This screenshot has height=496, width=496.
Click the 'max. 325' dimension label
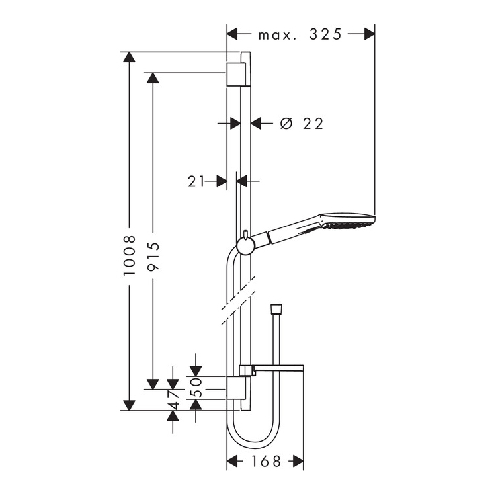[x=300, y=34]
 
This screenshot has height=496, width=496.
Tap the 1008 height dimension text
[x=130, y=255]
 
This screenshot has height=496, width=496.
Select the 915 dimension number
[x=153, y=256]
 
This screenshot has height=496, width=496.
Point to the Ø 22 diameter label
[x=302, y=124]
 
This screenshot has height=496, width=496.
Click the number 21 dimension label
[x=196, y=181]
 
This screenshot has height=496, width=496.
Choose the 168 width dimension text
[x=266, y=461]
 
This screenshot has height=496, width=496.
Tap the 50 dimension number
[x=196, y=388]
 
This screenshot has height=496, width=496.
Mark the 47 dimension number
[x=173, y=400]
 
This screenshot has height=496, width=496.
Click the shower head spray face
[x=349, y=226]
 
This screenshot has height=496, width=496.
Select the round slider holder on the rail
[x=245, y=246]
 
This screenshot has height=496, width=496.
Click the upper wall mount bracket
[x=236, y=74]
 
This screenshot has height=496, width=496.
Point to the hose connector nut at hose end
[x=276, y=309]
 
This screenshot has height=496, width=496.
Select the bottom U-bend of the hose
[x=253, y=436]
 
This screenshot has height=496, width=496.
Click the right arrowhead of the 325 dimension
[x=369, y=34]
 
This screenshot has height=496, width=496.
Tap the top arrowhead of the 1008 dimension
[x=130, y=57]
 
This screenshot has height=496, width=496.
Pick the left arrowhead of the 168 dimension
[x=233, y=461]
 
